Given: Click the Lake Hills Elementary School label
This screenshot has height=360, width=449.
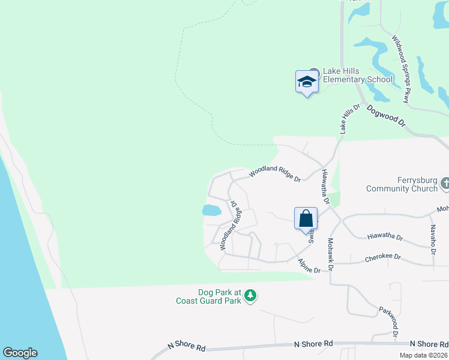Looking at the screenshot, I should click(357, 75).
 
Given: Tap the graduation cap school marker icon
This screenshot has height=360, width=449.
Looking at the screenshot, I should click(306, 82).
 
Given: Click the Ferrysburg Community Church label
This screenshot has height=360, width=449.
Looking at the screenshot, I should click(402, 184).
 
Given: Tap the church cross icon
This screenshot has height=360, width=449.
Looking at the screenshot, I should click(445, 183).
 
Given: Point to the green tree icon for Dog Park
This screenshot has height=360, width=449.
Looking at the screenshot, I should click(250, 295).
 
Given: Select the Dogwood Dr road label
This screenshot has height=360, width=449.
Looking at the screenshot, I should click(386, 115).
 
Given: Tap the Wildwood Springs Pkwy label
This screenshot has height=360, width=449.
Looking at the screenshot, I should click(400, 68).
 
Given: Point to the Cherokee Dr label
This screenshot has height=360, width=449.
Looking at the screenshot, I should click(382, 257).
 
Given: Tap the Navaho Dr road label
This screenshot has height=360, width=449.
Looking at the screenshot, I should click(432, 239).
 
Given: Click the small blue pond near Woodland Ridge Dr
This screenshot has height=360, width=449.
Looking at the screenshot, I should click(210, 210).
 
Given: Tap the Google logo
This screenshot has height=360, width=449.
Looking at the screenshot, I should click(20, 353).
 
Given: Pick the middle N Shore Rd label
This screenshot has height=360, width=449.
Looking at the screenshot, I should click(313, 344).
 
